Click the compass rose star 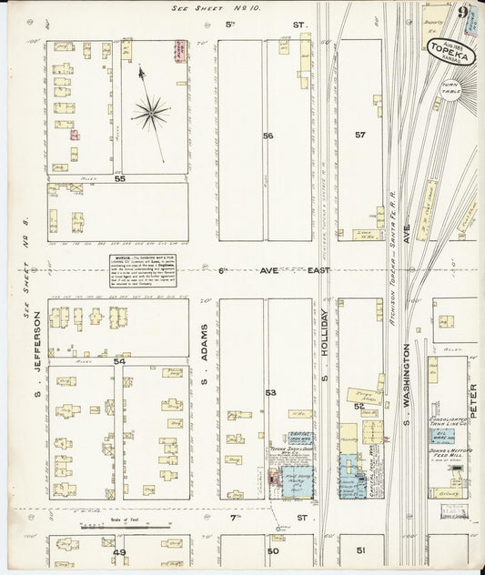pyautogui.click(x=150, y=113)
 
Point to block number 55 pyautogui.click(x=119, y=179)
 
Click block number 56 pyautogui.click(x=268, y=136)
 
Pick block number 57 pyautogui.click(x=360, y=135)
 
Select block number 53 pyautogui.click(x=269, y=392)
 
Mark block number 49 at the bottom pyautogui.click(x=118, y=551)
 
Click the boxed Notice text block pyautogui.click(x=144, y=269)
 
